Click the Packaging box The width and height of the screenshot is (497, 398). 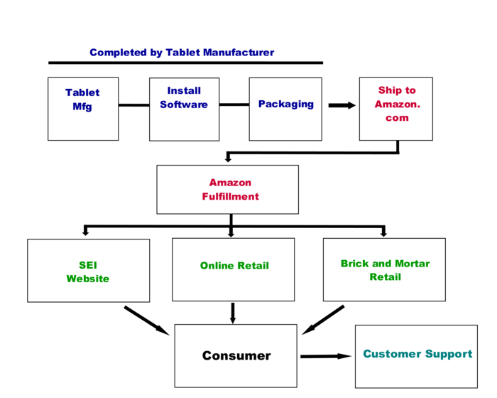(285, 109)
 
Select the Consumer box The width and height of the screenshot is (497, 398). (236, 355)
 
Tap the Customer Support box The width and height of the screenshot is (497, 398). (416, 356)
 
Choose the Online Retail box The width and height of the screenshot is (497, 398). (234, 269)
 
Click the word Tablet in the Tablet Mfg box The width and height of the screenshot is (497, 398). (82, 92)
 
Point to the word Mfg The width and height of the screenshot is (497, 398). (82, 107)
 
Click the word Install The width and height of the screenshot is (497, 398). (184, 90)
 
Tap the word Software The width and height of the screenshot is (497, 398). (184, 104)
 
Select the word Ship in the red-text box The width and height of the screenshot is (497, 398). (388, 90)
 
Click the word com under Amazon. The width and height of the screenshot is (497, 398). (397, 118)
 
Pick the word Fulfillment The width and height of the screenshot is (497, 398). (230, 196)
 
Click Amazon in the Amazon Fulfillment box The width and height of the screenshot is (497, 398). (230, 183)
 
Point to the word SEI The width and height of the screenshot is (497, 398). (88, 265)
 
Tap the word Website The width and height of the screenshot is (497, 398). (88, 279)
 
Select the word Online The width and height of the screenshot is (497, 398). (217, 266)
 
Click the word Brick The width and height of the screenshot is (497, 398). (354, 263)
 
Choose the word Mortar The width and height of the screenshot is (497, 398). (412, 263)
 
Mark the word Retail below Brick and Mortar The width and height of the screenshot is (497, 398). (385, 276)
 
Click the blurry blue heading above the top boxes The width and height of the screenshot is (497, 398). (182, 52)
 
